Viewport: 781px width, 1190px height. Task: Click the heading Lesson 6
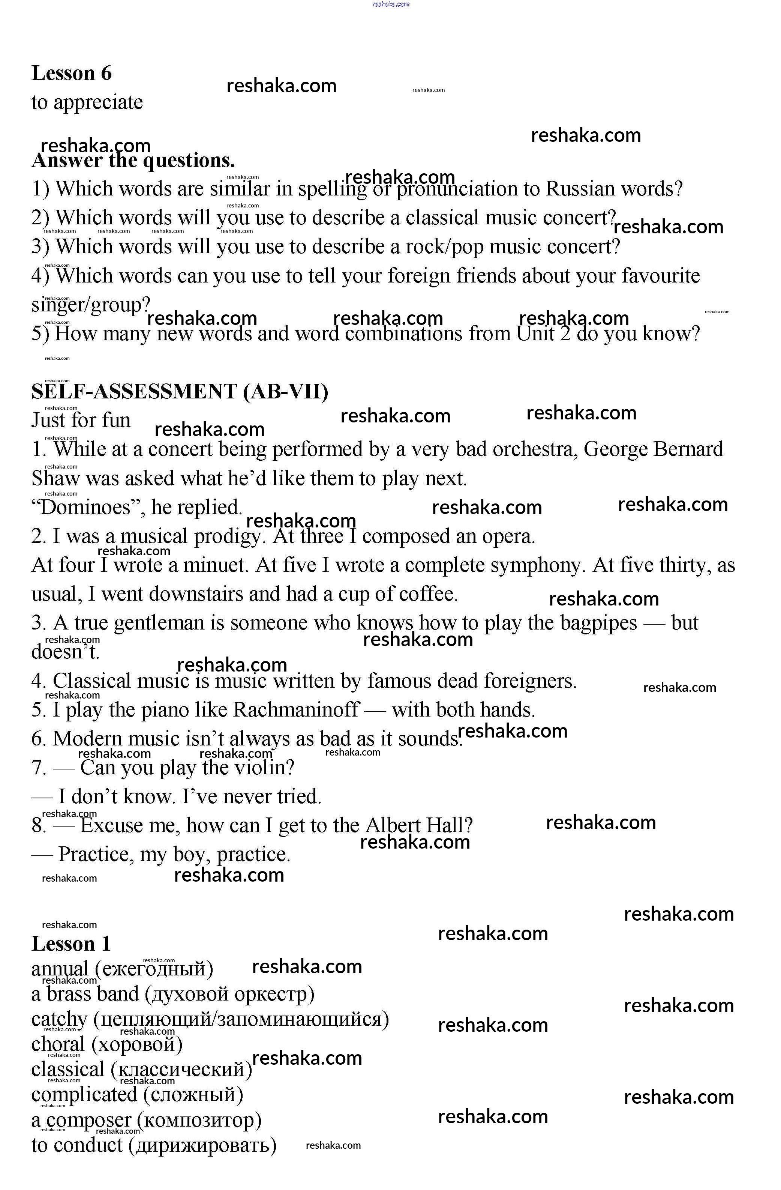(x=72, y=73)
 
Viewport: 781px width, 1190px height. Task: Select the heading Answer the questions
(x=133, y=161)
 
